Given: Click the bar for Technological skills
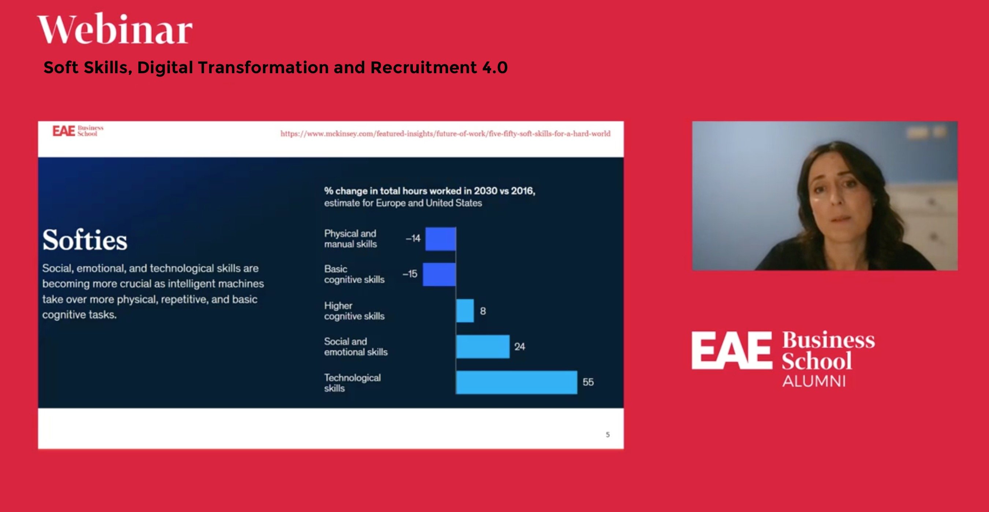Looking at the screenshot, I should coord(516,382).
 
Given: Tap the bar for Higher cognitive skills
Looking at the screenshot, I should coord(465,311).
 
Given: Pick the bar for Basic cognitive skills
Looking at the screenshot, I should coord(439,274).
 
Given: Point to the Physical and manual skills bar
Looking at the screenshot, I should coord(440,239).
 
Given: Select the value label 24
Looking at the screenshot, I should coord(519,347).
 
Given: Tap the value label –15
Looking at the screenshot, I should coord(410,274).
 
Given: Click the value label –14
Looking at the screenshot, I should coord(413,238).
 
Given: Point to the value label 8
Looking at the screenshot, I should coord(482,311).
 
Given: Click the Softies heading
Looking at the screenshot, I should coord(85,240).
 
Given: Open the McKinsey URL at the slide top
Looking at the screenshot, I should coord(445,134).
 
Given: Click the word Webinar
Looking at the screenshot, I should coord(115,29).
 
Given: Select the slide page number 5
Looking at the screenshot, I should coord(607,434).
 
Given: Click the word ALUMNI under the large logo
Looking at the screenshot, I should coord(814,381).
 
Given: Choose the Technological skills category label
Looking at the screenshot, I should coord(352,383).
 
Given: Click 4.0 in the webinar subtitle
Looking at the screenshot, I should coord(495,68).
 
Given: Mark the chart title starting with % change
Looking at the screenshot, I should coord(429,191).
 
